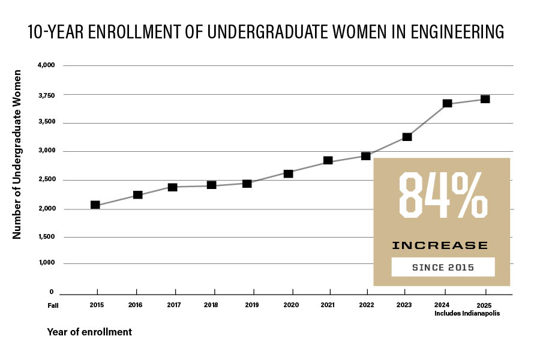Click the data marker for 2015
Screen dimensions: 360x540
[x=95, y=205]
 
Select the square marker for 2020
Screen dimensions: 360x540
[x=288, y=173]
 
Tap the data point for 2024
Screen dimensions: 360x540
[x=446, y=103]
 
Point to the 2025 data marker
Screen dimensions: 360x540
[x=485, y=99]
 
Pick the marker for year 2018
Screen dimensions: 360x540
[x=211, y=185]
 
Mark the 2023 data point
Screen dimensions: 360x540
[x=407, y=137]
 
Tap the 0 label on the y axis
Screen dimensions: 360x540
[x=52, y=292]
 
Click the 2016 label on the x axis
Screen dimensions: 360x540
[x=136, y=305]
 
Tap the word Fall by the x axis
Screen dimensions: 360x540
[x=54, y=305]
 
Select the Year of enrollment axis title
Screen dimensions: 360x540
[x=89, y=331]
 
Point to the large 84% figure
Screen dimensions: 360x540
[x=443, y=197]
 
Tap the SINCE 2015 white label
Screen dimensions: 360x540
[x=443, y=267]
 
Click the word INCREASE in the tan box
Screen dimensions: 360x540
[x=440, y=245]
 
